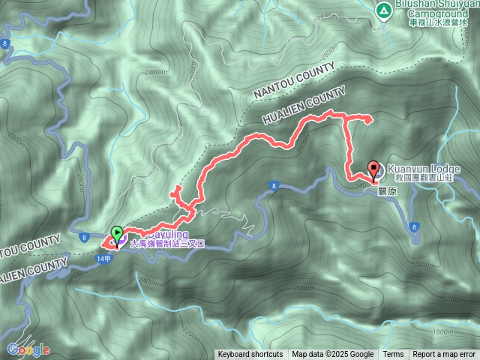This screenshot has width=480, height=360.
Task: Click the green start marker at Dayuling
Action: point(116,234)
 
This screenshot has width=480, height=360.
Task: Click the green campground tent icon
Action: point(382,10)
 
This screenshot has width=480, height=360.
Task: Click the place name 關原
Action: point(388,190)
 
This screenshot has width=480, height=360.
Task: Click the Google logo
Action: point(28,349)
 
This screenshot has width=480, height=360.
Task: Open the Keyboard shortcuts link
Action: point(250,354)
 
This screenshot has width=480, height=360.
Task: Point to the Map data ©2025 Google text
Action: point(332,354)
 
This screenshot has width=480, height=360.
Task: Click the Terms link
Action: point(393,354)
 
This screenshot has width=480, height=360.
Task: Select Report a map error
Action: point(444,354)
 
